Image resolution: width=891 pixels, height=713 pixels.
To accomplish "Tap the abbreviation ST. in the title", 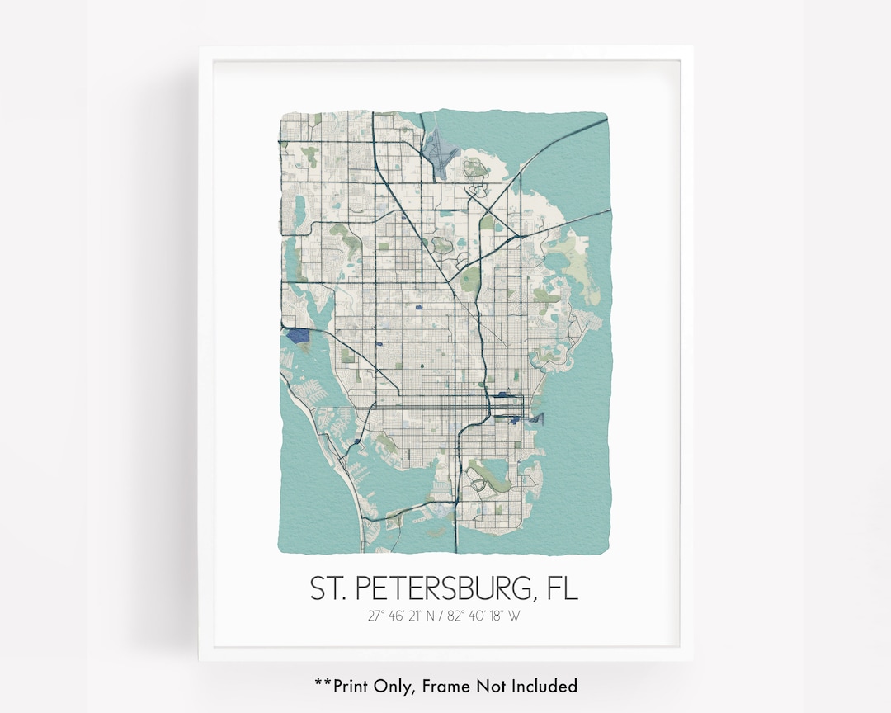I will tap(328, 588).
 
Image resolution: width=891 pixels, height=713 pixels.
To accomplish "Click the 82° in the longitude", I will tap(464, 615).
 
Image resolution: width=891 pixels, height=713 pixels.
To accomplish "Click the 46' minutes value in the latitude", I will tap(398, 615).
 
